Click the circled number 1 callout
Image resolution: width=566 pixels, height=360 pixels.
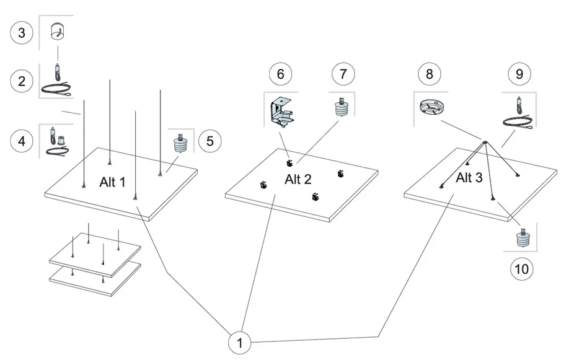click(240, 342)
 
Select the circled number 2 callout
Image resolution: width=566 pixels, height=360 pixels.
click(22, 81)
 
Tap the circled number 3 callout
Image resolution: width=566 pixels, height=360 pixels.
click(22, 32)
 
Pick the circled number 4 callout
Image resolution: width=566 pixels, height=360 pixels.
click(22, 141)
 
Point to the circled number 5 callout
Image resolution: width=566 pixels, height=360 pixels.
click(210, 141)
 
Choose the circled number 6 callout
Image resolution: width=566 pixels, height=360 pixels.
click(280, 74)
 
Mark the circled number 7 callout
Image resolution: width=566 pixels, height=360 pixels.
click(340, 74)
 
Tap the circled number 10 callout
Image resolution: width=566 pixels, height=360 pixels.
click(521, 268)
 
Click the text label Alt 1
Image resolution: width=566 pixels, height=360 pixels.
click(112, 182)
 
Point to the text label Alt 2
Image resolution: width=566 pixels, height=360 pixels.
click(298, 180)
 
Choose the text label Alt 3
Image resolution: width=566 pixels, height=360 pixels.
click(469, 178)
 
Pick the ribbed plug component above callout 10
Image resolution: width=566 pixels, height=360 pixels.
click(523, 239)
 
